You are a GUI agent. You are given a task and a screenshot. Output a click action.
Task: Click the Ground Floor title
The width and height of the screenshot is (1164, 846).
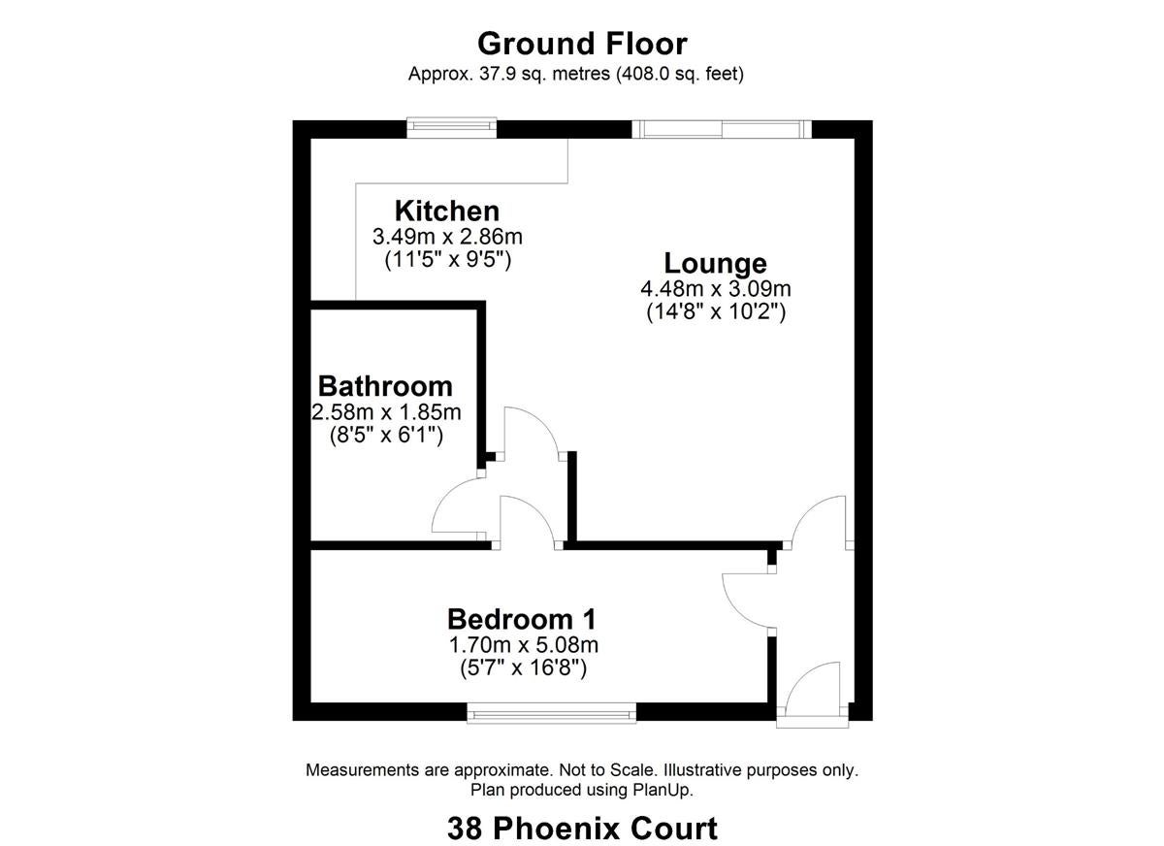tap(582, 45)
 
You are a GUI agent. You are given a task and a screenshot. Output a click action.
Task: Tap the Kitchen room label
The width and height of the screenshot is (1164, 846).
tap(447, 211)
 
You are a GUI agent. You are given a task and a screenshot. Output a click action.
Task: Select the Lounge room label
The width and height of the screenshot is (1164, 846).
tap(715, 264)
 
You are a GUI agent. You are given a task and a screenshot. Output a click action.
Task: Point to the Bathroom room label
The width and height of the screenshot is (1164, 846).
tap(385, 386)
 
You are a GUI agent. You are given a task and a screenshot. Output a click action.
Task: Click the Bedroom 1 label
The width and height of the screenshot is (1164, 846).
tap(522, 619)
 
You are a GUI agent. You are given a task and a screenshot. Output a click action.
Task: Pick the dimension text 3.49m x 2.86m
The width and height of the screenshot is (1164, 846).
tap(447, 237)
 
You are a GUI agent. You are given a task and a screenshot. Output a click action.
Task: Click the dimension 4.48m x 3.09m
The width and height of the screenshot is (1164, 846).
tap(716, 289)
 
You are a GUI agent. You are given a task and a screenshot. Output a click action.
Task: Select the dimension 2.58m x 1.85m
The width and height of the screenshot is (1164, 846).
tap(386, 412)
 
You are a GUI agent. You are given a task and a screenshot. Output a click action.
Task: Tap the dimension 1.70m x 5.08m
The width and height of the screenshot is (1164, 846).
tap(523, 645)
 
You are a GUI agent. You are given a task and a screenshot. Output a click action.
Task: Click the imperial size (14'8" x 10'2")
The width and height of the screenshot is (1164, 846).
tap(716, 312)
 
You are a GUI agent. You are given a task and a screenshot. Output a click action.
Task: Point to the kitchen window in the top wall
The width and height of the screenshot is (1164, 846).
tap(452, 127)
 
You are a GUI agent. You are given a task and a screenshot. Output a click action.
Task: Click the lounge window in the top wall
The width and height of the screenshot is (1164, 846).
tap(722, 129)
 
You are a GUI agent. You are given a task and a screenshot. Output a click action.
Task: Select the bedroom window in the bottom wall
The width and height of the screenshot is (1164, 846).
tap(551, 712)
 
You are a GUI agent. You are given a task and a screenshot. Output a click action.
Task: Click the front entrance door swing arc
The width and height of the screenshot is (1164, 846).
tap(803, 672)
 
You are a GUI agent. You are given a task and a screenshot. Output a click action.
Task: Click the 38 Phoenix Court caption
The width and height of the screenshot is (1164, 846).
tap(582, 829)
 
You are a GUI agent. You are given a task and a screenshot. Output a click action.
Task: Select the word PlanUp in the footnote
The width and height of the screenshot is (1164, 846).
tap(662, 791)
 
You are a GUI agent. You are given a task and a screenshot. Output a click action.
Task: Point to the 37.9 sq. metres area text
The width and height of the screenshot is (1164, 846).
tap(544, 74)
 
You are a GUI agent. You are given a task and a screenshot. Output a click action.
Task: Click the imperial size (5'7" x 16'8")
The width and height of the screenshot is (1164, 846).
tap(523, 668)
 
